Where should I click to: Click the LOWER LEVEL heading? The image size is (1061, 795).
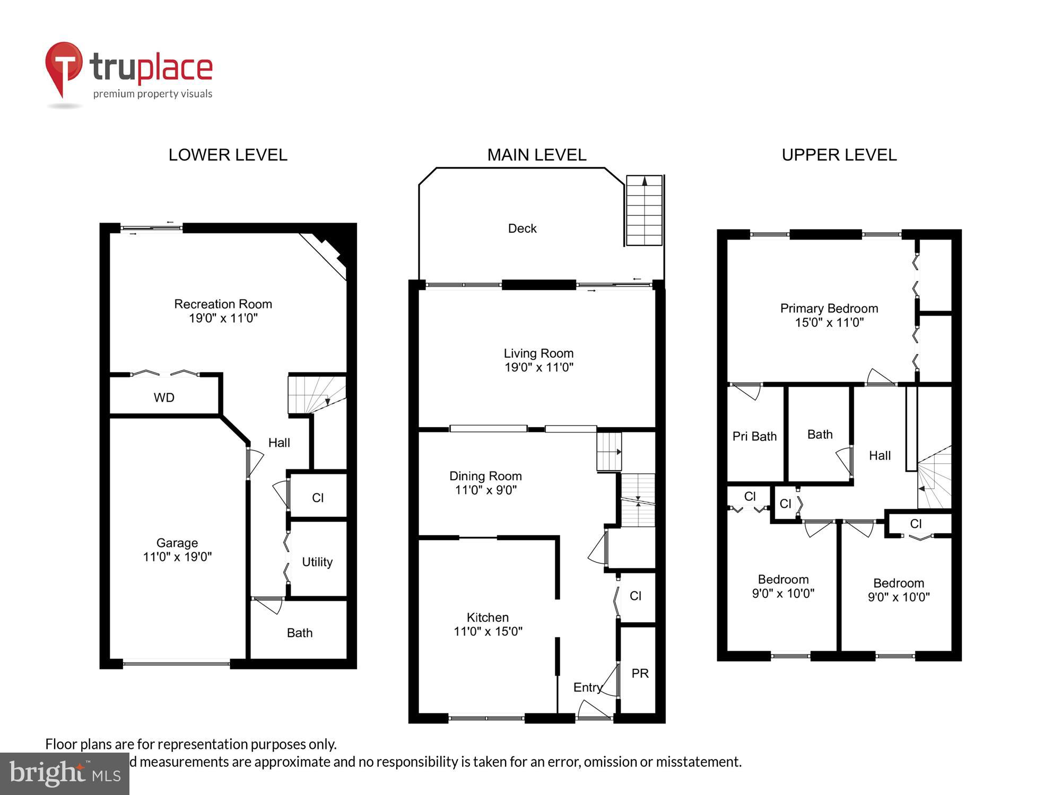point(228,155)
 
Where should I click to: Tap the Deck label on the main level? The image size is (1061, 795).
point(522,228)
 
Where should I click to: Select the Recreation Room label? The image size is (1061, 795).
point(223,304)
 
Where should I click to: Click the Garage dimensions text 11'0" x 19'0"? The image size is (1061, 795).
point(177,556)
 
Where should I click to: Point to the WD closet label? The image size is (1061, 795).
point(164,397)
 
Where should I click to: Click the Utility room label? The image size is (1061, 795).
point(317,562)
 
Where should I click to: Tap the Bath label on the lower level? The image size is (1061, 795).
point(300,633)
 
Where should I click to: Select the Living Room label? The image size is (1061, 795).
point(538,354)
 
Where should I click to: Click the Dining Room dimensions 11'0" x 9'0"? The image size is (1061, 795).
point(485,490)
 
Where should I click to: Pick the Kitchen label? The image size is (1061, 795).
point(488,617)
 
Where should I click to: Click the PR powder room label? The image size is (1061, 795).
point(640,673)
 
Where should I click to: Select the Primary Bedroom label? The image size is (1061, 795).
point(829,308)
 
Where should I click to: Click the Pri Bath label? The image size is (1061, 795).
point(754,436)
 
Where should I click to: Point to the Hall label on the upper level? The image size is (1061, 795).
point(880,456)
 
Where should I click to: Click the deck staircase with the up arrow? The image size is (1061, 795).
point(644,210)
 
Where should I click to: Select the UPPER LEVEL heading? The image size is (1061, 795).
point(839,155)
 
